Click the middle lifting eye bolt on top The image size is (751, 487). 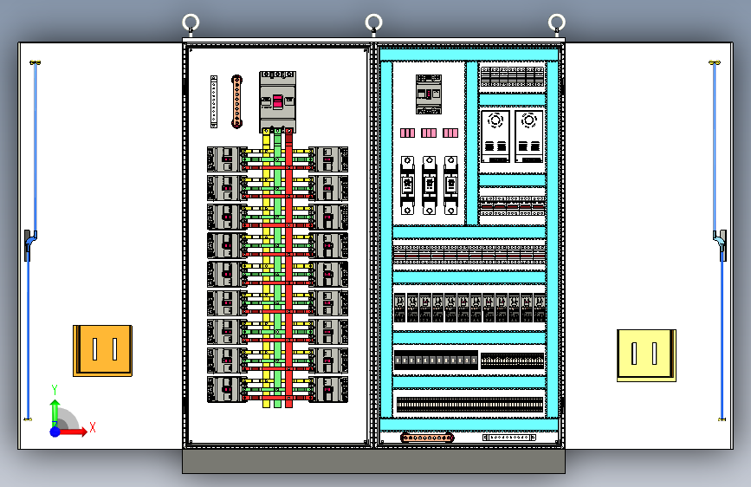(x=374, y=23)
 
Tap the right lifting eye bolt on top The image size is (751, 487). (x=557, y=23)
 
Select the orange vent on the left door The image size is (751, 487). (x=103, y=350)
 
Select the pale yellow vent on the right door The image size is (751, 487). (x=645, y=354)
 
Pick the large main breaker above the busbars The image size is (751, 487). (x=278, y=101)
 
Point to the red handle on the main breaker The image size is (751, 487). (x=278, y=102)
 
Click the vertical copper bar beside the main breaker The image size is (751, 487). (x=236, y=101)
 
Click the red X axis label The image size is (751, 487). (x=92, y=427)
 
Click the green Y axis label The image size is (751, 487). (x=54, y=389)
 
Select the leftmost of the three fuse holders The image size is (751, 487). (x=408, y=185)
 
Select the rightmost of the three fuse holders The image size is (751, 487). (x=450, y=185)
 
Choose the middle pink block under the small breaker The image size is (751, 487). (x=429, y=133)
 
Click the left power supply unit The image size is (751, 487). (x=496, y=135)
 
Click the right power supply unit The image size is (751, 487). (x=528, y=135)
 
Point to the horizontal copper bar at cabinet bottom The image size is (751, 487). (x=427, y=438)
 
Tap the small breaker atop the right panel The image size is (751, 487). (x=429, y=94)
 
